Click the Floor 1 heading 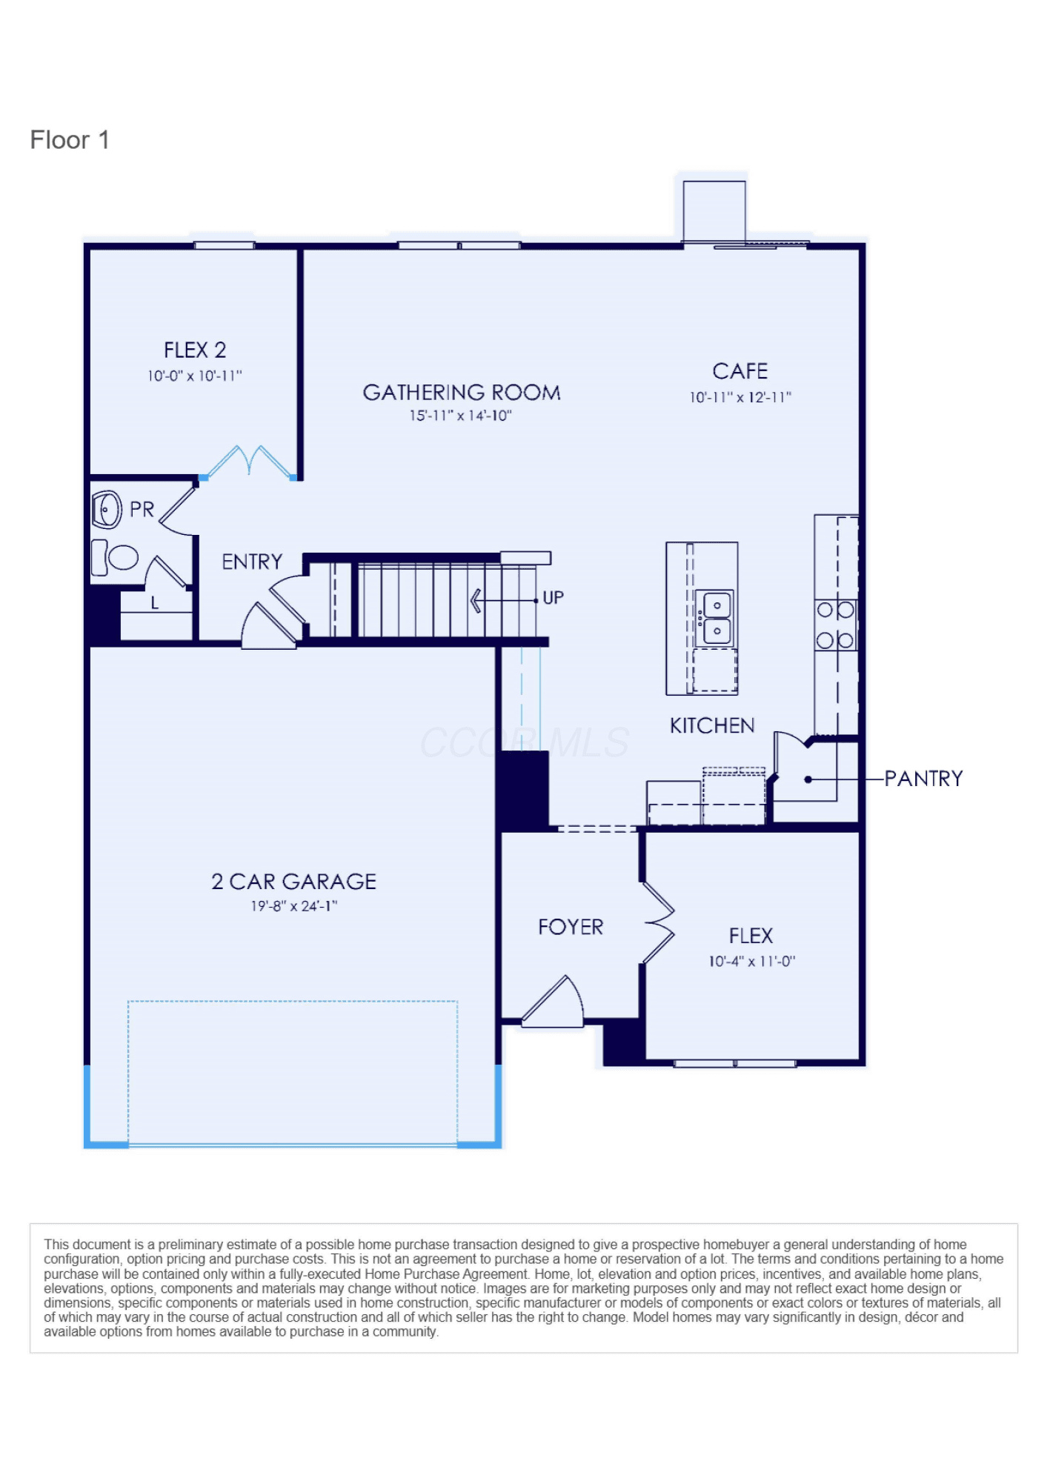(70, 140)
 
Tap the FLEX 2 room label (195, 350)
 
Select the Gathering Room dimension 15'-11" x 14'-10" (460, 416)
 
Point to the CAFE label (739, 371)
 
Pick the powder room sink (107, 510)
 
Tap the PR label (142, 510)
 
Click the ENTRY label (252, 562)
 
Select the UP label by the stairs (553, 598)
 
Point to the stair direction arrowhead (476, 600)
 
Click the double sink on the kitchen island (716, 618)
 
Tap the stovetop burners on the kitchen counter (835, 625)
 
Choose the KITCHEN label (712, 725)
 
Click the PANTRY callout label (923, 779)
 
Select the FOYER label (571, 927)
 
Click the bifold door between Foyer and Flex (659, 923)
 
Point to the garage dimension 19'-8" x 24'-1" (293, 906)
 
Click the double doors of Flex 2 (249, 462)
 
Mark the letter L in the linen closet (155, 603)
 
